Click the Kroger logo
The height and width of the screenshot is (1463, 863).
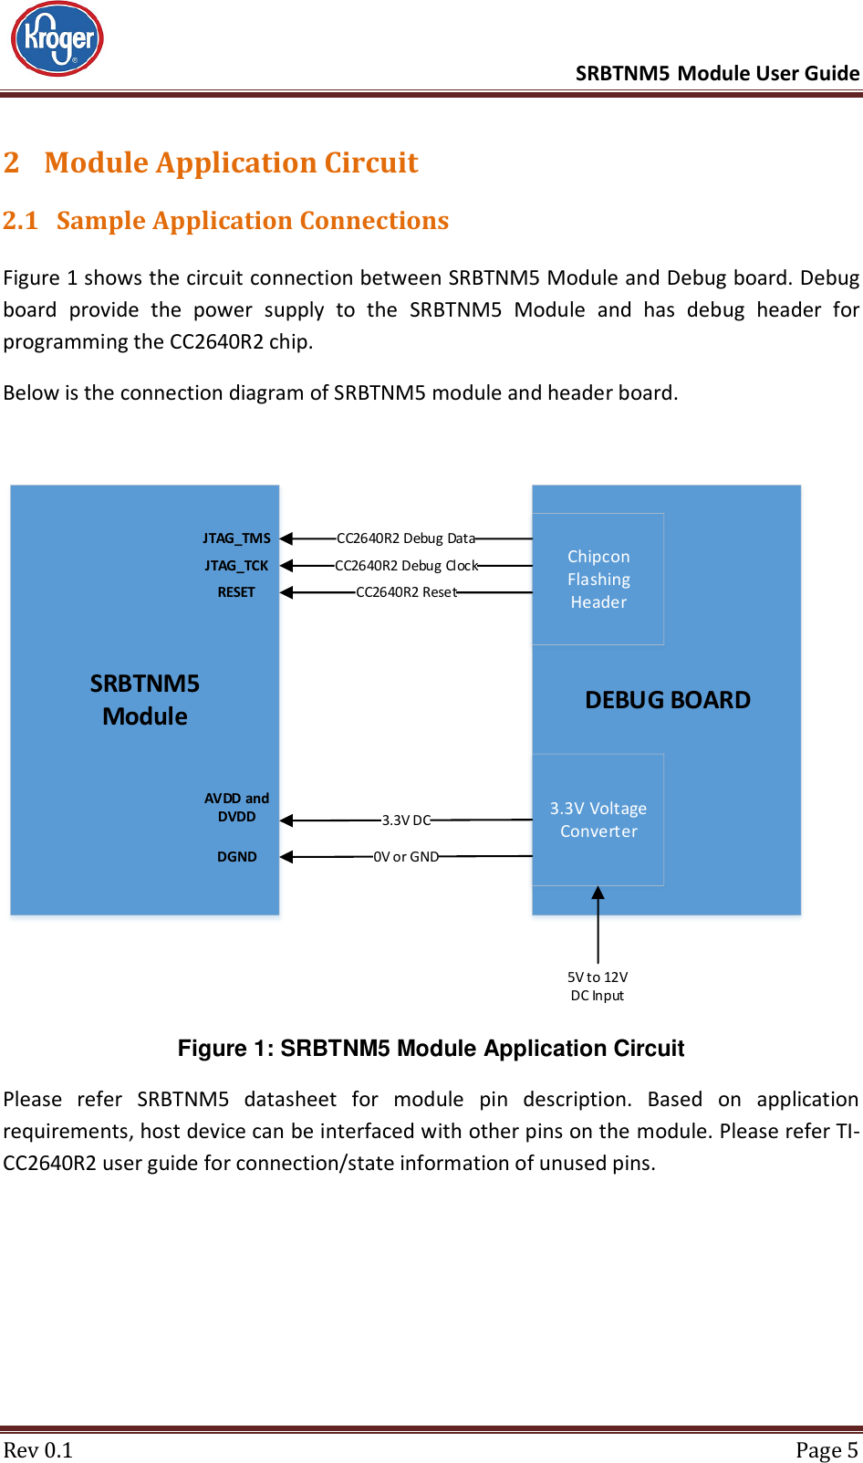pos(57,39)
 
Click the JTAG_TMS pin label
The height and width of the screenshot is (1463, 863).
pos(236,538)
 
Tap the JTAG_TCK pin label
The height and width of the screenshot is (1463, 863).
pos(236,566)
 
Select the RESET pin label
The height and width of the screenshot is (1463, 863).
pos(236,592)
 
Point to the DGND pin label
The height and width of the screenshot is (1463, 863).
pos(237,857)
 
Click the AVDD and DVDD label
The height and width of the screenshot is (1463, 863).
pos(236,808)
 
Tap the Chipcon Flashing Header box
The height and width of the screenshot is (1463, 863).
pos(598,580)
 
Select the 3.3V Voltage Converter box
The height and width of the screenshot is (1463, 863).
pos(598,820)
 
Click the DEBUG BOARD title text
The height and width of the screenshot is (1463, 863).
pos(668,700)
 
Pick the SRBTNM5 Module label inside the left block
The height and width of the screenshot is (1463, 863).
pos(145,700)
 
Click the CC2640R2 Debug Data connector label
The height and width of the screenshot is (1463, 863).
pos(406,538)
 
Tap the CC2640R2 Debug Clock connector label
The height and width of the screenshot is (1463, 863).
pos(406,566)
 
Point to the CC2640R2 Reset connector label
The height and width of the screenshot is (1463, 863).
pos(406,592)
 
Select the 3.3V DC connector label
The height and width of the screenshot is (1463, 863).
pos(406,820)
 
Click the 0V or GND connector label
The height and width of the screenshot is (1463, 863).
pos(406,857)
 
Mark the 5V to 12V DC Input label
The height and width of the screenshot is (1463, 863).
pos(598,987)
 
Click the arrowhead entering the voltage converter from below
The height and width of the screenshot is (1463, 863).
pos(598,893)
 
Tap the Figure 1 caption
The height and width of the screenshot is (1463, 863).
pos(431,1049)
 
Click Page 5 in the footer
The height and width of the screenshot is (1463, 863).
pos(827,1450)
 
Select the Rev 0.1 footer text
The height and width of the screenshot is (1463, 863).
pos(38,1450)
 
